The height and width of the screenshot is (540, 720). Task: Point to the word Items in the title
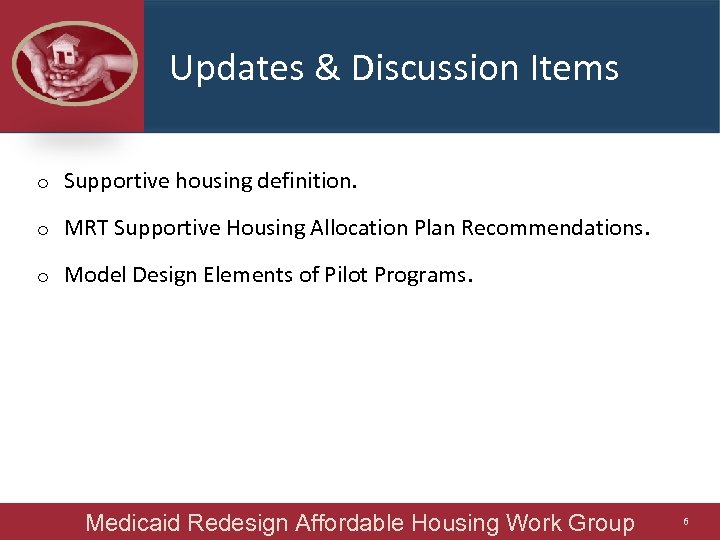click(x=579, y=68)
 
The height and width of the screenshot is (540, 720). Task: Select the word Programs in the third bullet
click(x=419, y=275)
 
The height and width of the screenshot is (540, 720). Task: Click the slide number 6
click(x=686, y=522)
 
